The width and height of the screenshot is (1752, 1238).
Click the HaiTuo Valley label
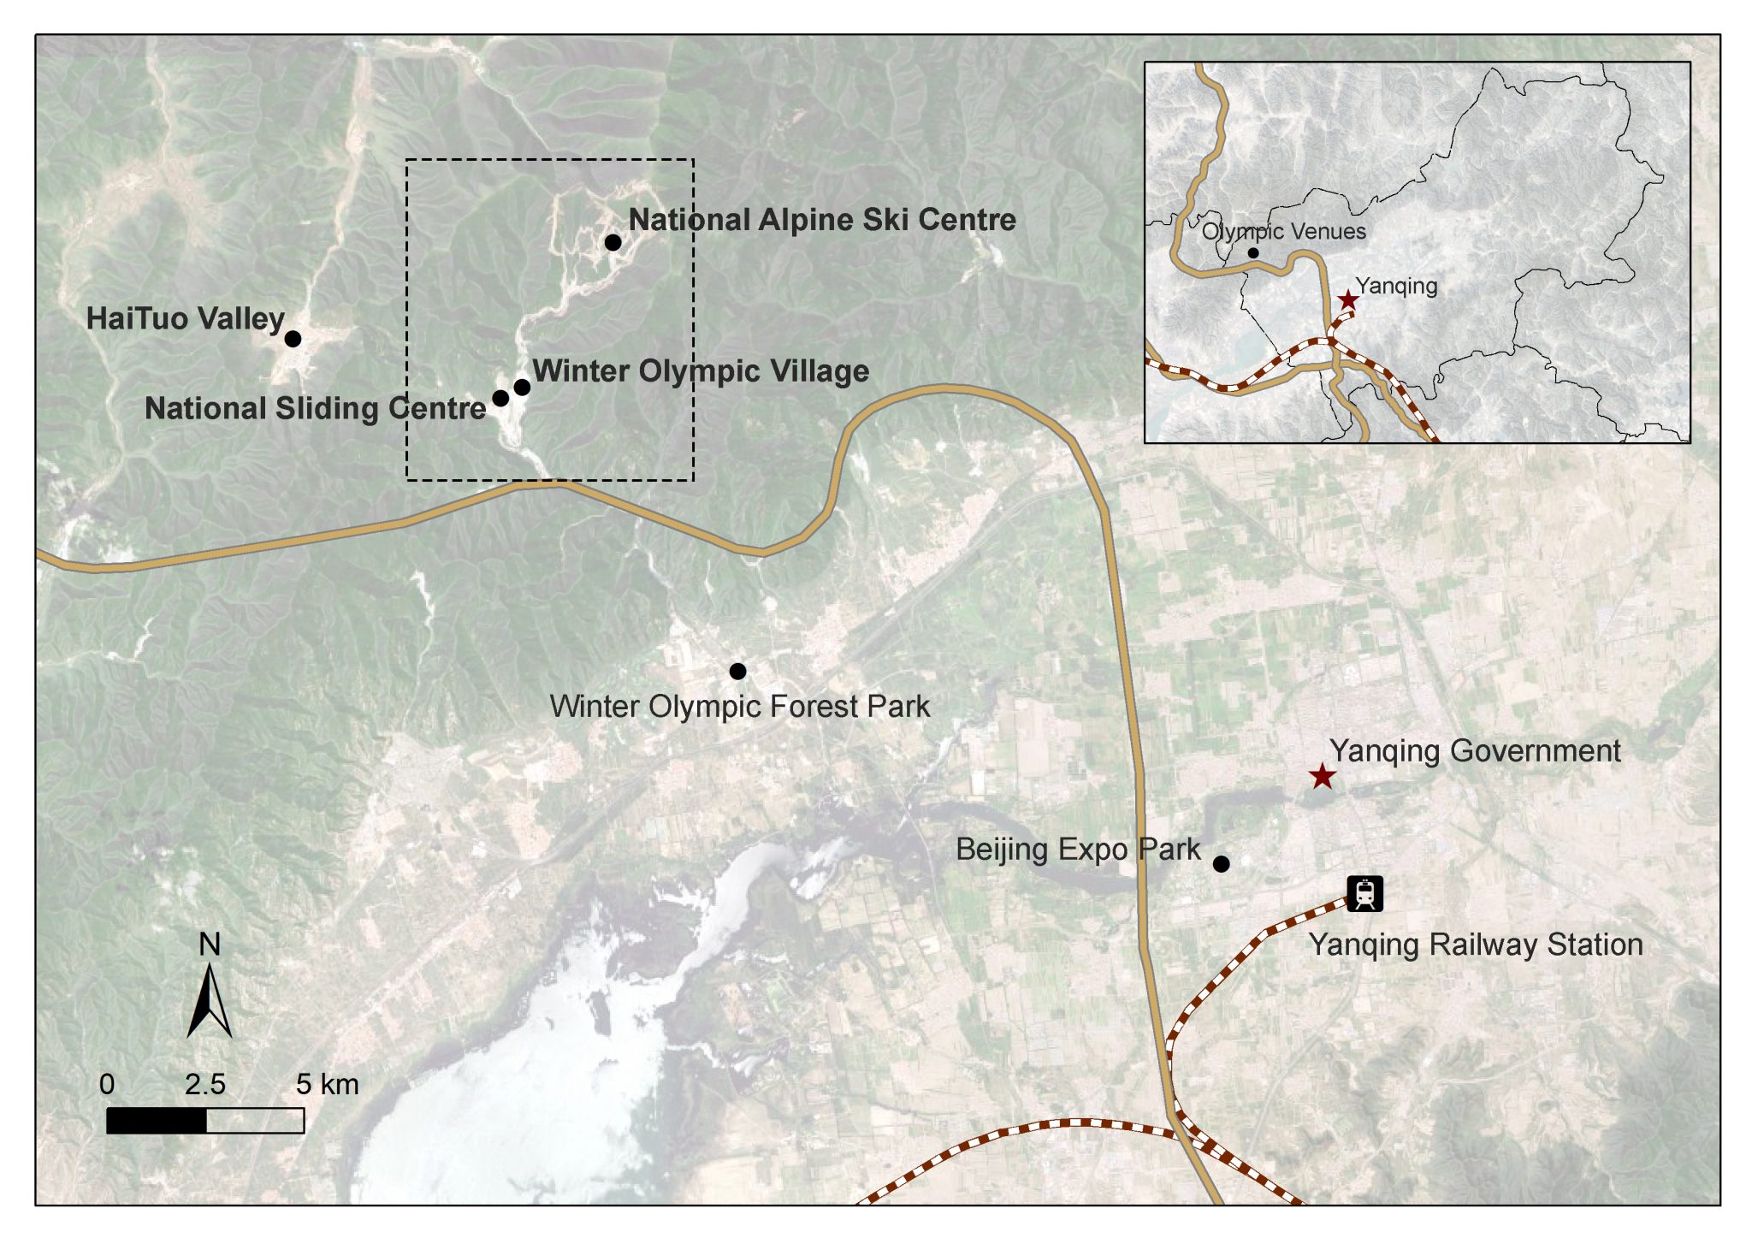(x=185, y=319)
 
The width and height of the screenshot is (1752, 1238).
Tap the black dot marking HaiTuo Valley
(x=293, y=339)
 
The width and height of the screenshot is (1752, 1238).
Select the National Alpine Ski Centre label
(x=822, y=220)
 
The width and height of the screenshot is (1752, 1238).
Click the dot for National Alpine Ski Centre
(x=613, y=243)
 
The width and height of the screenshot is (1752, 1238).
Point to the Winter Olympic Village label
(x=701, y=371)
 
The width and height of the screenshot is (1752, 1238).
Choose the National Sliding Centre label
(x=315, y=409)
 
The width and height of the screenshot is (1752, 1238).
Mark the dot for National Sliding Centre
(x=500, y=399)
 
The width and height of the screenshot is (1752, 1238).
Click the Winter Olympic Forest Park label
(x=739, y=707)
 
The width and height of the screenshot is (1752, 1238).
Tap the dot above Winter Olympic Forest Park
(x=737, y=672)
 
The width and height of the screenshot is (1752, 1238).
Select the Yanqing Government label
(x=1474, y=751)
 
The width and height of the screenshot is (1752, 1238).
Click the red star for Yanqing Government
(x=1323, y=777)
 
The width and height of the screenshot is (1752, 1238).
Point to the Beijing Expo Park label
(x=1078, y=850)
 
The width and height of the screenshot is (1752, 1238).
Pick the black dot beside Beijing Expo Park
(x=1222, y=864)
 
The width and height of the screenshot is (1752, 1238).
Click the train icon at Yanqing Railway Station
(x=1364, y=894)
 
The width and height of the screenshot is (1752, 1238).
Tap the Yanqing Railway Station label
(x=1476, y=945)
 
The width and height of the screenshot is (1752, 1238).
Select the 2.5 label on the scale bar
(x=205, y=1085)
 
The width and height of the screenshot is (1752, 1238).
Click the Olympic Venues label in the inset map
(x=1283, y=232)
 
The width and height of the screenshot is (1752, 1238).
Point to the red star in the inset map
(x=1348, y=300)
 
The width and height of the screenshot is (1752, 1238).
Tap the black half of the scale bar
(x=157, y=1121)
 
